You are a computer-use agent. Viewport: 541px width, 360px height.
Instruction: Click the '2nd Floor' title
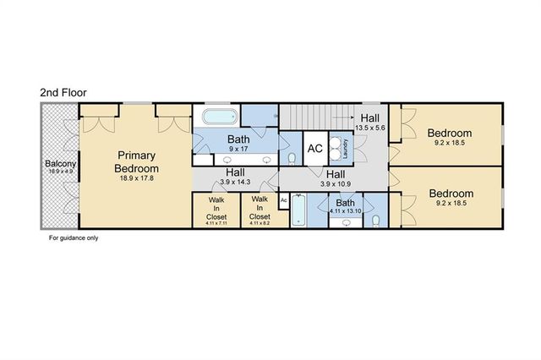click(63, 92)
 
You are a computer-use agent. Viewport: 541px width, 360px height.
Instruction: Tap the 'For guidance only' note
click(74, 238)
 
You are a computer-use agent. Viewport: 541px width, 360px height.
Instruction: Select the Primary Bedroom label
click(137, 161)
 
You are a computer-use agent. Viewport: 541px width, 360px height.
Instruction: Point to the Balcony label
click(60, 163)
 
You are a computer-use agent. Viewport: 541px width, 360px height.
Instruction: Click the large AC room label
click(315, 149)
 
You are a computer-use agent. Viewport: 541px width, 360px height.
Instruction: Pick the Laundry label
click(346, 149)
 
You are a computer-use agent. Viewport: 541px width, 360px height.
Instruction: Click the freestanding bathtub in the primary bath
click(220, 117)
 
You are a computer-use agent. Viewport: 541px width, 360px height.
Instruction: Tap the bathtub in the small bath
click(298, 210)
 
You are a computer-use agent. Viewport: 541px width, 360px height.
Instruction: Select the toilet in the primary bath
click(292, 159)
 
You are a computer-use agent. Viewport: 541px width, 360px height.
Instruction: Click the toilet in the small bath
click(376, 221)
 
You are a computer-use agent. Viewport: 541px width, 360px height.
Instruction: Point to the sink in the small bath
click(346, 223)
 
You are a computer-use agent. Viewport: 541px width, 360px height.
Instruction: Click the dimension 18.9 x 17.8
click(137, 178)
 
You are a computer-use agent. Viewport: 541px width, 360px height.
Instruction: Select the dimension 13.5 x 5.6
click(370, 128)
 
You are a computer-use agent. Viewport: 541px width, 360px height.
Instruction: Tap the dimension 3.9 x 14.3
click(235, 182)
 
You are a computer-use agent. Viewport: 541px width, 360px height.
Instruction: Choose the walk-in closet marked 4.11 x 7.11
click(216, 209)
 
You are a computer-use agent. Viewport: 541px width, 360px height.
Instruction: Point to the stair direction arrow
click(342, 117)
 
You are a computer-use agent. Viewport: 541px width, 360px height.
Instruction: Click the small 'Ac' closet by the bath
click(284, 200)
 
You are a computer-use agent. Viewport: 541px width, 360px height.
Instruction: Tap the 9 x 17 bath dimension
click(238, 149)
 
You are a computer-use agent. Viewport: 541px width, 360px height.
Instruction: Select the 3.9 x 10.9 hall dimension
click(336, 184)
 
